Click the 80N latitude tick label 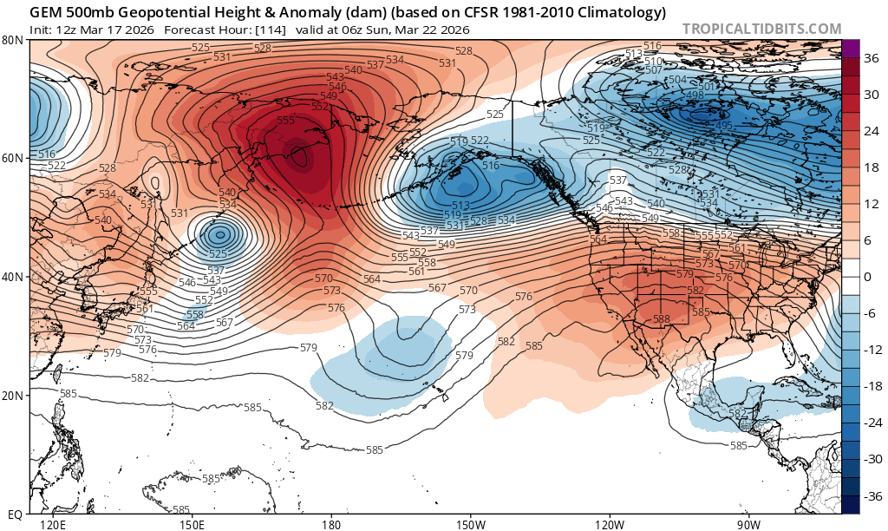tap(13, 40)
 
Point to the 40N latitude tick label tap(13, 277)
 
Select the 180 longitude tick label tap(330, 525)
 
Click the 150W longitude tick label tap(470, 525)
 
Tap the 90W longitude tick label tap(749, 525)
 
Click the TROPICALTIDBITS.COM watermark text tap(761, 29)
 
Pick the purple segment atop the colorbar tap(850, 48)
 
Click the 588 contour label tap(662, 319)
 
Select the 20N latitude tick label tap(13, 396)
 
